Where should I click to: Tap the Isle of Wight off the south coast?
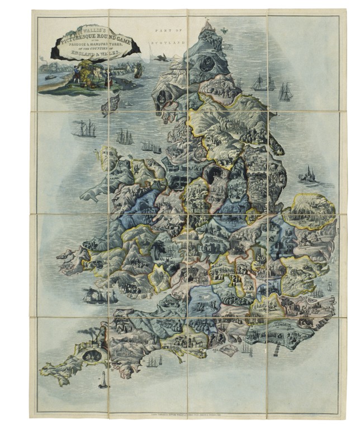click(x=228, y=349)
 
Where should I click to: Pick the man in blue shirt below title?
click(x=75, y=73)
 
